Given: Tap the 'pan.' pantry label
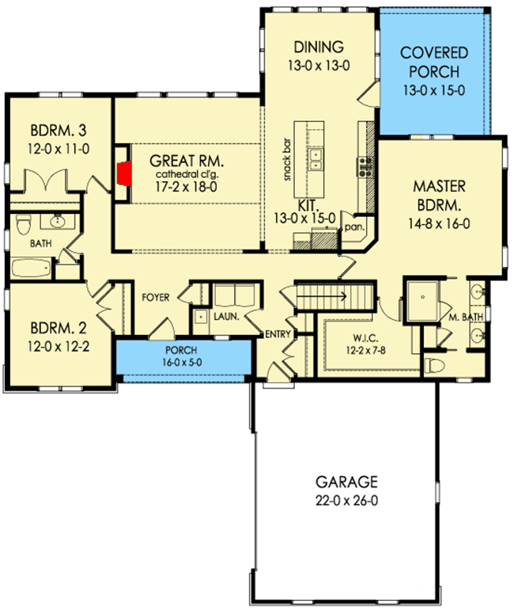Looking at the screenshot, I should click(353, 226).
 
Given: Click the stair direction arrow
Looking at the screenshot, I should click(331, 298).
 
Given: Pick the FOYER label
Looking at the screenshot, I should click(157, 298).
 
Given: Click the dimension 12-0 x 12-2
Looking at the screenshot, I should click(57, 345).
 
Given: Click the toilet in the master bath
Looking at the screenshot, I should click(432, 366).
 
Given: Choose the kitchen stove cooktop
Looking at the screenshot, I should click(365, 166).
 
